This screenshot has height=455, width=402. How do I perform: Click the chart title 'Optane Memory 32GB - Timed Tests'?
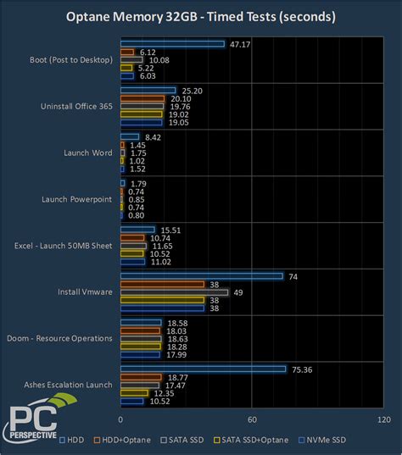pos(200,16)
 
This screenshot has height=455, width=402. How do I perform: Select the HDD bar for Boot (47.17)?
pos(172,44)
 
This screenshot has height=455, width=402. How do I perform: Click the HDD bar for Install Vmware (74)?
pos(202,276)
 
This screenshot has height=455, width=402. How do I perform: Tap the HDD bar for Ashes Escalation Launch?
pos(203,369)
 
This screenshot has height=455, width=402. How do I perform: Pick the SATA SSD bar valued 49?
pos(174,292)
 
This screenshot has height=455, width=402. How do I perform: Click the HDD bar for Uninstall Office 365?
pos(148,90)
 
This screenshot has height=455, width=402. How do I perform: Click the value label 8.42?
pos(154,136)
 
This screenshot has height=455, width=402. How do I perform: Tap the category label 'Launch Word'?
pos(88,153)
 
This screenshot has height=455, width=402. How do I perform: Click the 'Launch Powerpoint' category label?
pos(77,199)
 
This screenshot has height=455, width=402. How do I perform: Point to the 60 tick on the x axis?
pos(252,419)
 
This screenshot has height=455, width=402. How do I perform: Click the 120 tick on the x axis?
pos(383,419)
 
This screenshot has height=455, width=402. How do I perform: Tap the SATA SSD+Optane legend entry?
pos(255,440)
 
